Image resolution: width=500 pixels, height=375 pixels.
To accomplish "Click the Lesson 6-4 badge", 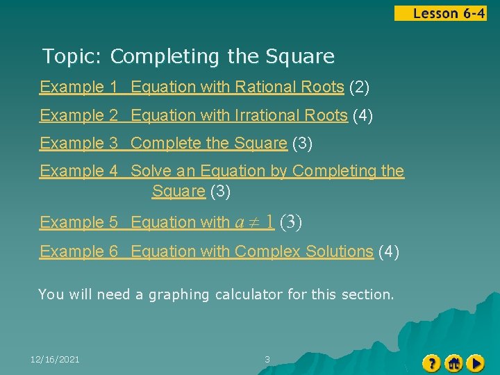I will coord(440,13).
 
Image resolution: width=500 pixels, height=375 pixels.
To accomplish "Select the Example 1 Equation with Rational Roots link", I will coord(192,87).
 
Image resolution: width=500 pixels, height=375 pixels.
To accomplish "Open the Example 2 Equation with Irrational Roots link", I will coord(193,115).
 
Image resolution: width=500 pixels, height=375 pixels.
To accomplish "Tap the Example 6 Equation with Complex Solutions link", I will coord(206,251).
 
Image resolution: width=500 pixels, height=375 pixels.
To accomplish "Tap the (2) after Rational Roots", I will coord(359,87).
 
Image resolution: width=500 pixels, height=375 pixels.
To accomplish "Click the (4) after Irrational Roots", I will coord(362,115).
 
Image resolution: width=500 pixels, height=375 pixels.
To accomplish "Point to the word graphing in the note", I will coord(177,294).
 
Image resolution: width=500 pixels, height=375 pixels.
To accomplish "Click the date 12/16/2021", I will coord(55,359).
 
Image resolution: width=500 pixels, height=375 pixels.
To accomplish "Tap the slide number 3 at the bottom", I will coord(267,359).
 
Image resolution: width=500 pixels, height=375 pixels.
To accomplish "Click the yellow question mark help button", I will coord(431,362).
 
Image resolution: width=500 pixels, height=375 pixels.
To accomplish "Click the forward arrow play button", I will coord(476,362).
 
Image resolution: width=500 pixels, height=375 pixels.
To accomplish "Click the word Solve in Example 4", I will coord(150,171).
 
